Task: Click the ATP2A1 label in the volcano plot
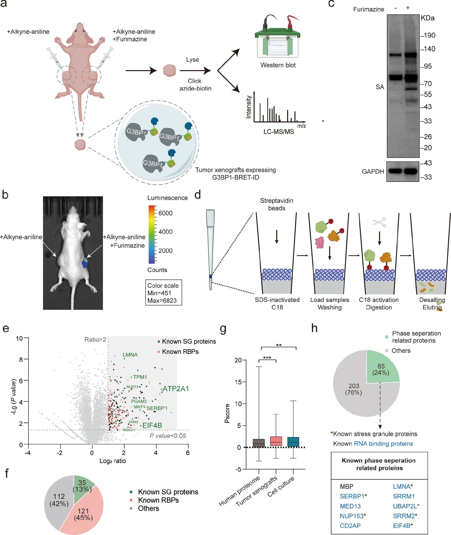click(x=176, y=389)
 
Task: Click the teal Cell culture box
click(x=293, y=442)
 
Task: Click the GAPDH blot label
click(x=373, y=171)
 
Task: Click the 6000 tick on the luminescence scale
click(x=165, y=213)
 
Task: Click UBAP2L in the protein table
click(x=405, y=506)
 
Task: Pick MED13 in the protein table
click(x=350, y=506)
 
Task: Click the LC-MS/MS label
click(x=279, y=131)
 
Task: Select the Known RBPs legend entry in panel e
click(x=180, y=352)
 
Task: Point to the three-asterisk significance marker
click(x=267, y=358)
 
